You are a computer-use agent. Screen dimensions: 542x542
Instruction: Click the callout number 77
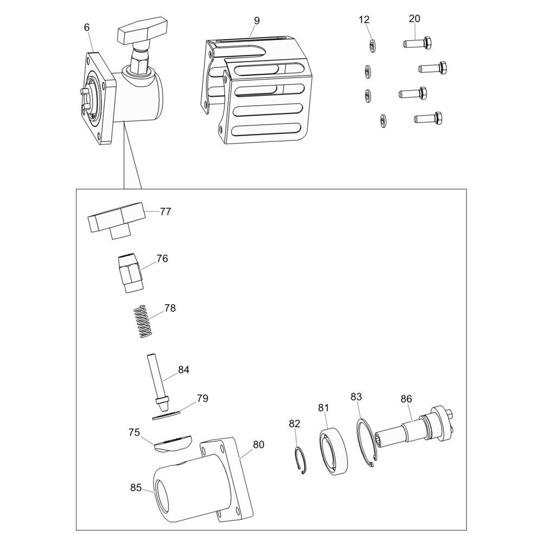(x=165, y=211)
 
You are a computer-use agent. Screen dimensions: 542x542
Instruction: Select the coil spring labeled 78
(x=143, y=321)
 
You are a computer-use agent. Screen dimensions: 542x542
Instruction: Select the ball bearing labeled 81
(x=333, y=451)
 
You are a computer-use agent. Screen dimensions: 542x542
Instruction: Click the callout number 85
(x=136, y=487)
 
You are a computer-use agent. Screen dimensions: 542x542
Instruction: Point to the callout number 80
(x=259, y=444)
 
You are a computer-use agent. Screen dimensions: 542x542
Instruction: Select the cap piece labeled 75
(x=172, y=443)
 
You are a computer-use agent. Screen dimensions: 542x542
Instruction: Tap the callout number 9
(x=256, y=21)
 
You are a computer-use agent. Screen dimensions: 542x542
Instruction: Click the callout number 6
(x=87, y=27)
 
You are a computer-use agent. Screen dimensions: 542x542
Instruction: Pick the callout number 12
(x=364, y=20)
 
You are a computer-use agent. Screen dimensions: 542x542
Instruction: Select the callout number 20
(x=415, y=18)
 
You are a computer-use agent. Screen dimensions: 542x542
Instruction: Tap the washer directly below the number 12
(x=372, y=46)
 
